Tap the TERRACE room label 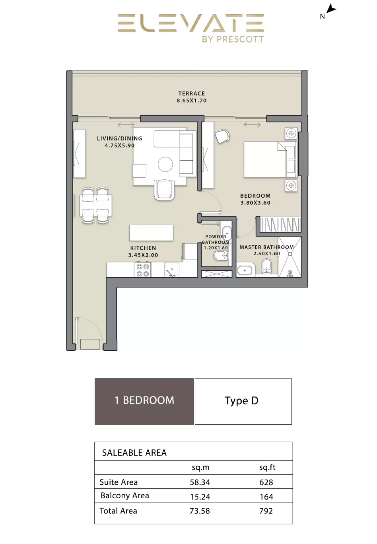coord(191,93)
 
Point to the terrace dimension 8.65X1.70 coord(191,101)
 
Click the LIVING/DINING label coord(120,138)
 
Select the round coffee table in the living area coord(165,164)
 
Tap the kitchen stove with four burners coord(143,270)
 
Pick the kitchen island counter coord(151,233)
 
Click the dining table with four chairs coord(96,205)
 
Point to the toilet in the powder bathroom coord(221,256)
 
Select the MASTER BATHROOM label coord(267,247)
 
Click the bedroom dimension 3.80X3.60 coord(255,203)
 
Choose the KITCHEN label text coord(143,248)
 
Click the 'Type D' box coord(243,402)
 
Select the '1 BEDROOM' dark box coord(144,402)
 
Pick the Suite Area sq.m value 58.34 coord(200,482)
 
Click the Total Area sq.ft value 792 coord(266,511)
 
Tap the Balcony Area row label coord(124,495)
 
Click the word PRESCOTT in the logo coord(240,39)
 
